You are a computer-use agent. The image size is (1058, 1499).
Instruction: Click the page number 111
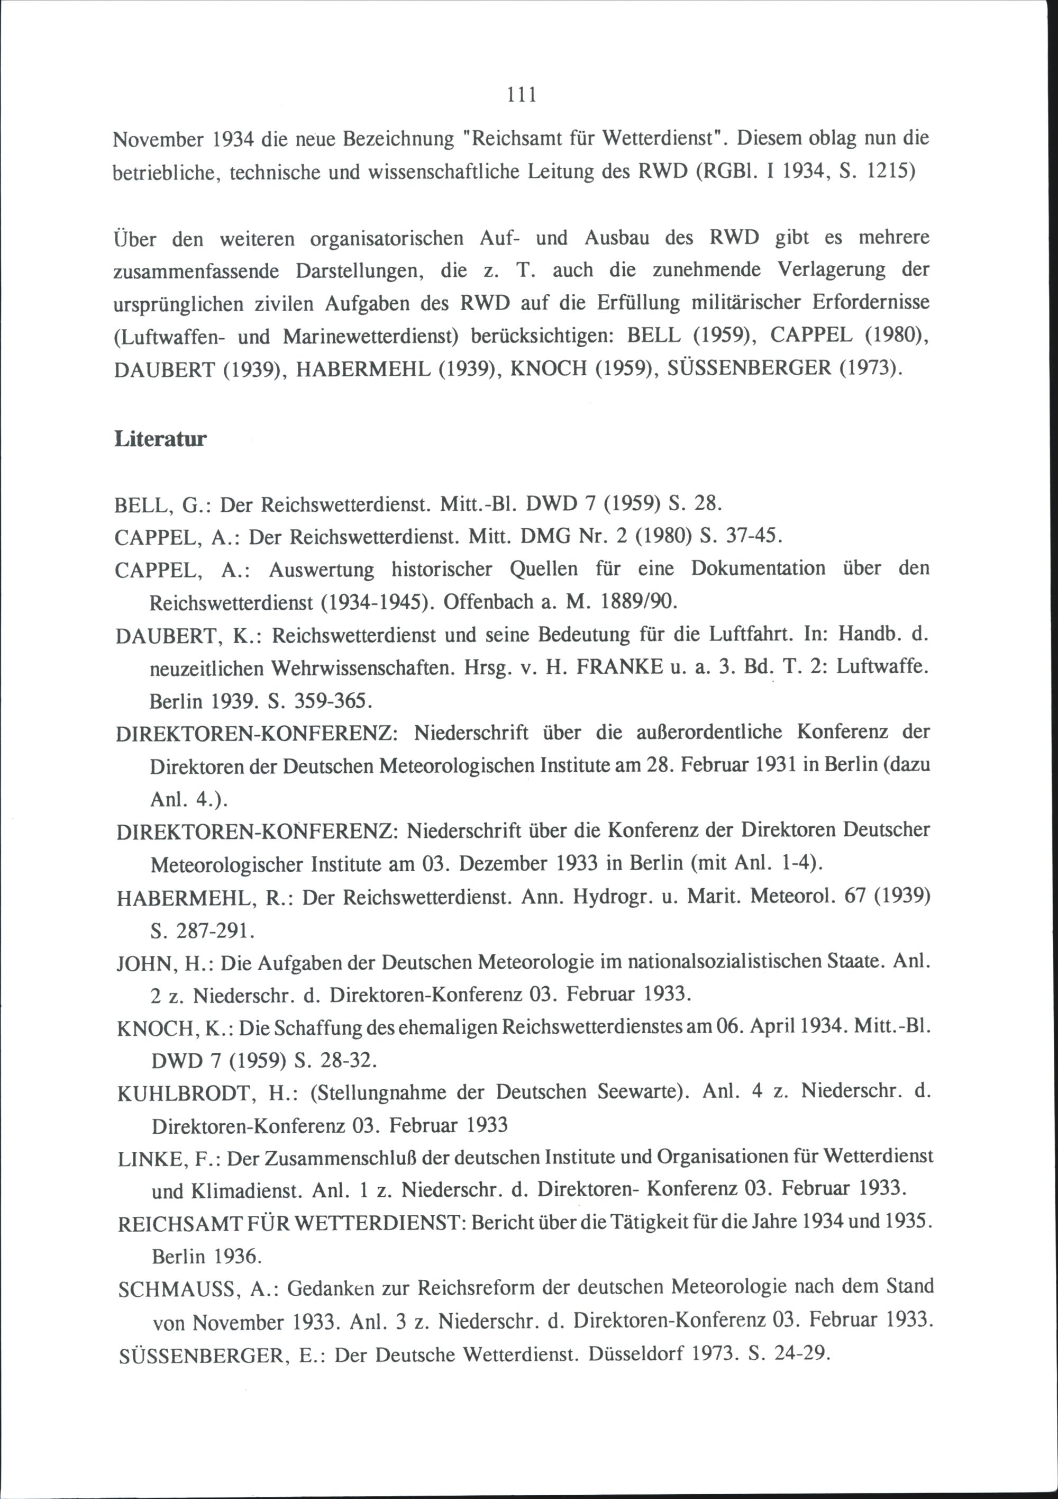click(522, 95)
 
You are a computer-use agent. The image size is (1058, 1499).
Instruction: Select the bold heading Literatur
click(160, 439)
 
